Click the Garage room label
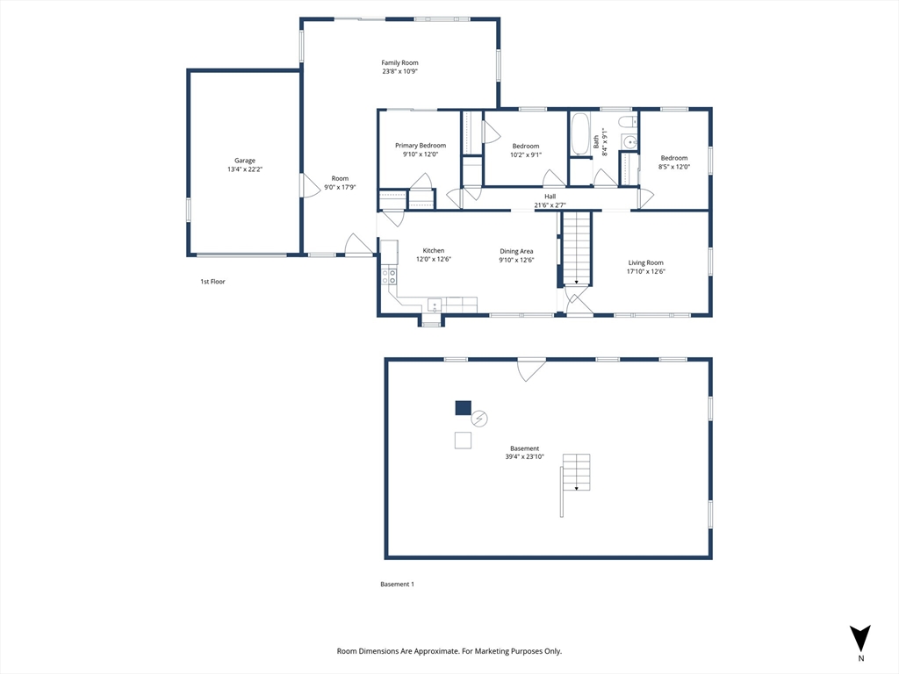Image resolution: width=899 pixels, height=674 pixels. pyautogui.click(x=244, y=161)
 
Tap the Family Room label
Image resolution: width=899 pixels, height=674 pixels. pyautogui.click(x=399, y=62)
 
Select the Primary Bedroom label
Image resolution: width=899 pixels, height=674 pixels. pyautogui.click(x=421, y=146)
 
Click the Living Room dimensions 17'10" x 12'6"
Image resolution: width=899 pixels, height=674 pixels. pyautogui.click(x=645, y=271)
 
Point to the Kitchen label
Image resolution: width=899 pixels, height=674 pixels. pyautogui.click(x=434, y=250)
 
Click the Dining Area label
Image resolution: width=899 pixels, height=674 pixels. pyautogui.click(x=516, y=250)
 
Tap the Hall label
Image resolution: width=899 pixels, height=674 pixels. pyautogui.click(x=550, y=197)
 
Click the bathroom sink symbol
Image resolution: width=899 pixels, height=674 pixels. pyautogui.click(x=629, y=142)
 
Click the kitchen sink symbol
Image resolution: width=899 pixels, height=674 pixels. pyautogui.click(x=434, y=305)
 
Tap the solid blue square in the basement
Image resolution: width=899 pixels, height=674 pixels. pyautogui.click(x=463, y=407)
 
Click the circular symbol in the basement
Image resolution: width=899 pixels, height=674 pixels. pyautogui.click(x=479, y=419)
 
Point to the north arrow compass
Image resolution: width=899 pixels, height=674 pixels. pyautogui.click(x=860, y=638)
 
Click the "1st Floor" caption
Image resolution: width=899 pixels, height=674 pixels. pyautogui.click(x=212, y=282)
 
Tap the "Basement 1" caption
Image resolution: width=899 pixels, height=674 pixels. pyautogui.click(x=397, y=584)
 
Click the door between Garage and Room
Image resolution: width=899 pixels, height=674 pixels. pyautogui.click(x=307, y=186)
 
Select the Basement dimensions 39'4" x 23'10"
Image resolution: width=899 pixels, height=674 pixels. pyautogui.click(x=524, y=456)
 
